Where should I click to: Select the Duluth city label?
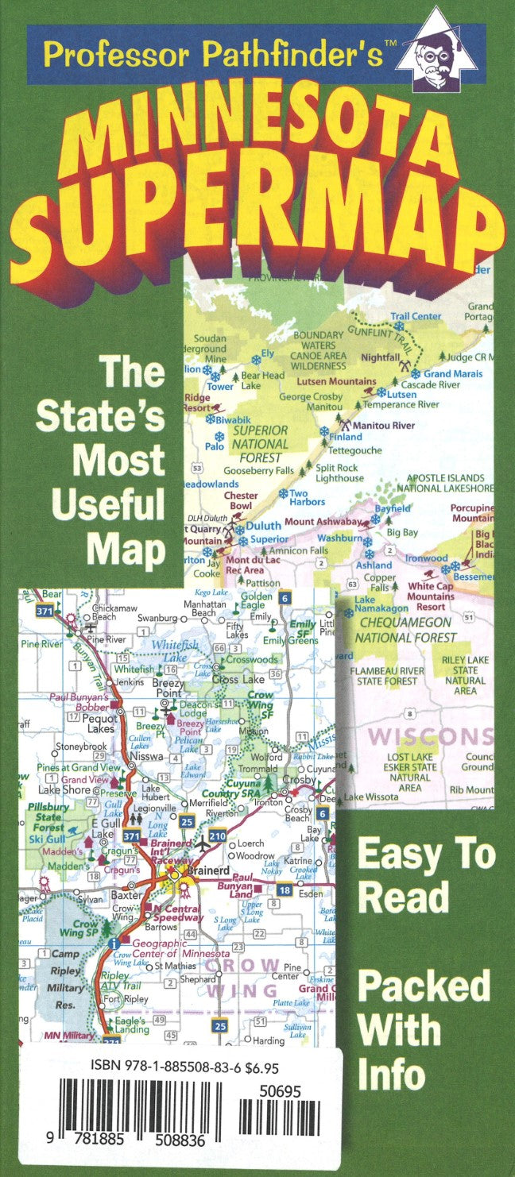click(263, 526)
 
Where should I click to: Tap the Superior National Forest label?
click(260, 444)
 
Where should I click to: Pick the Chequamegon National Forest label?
click(405, 630)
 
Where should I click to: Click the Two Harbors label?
click(308, 498)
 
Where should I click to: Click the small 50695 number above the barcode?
click(280, 1092)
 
